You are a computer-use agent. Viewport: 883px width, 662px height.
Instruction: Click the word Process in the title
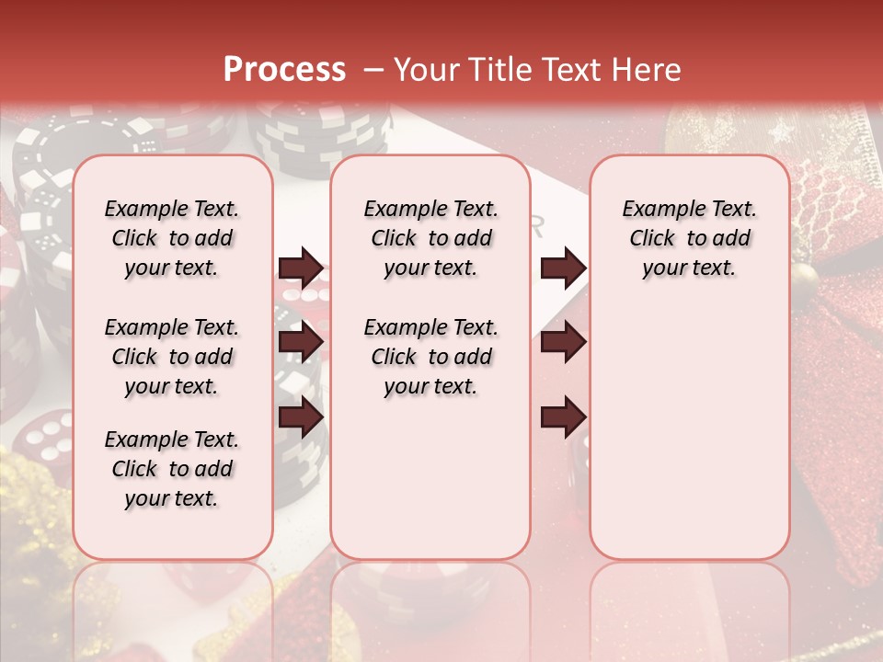(x=284, y=70)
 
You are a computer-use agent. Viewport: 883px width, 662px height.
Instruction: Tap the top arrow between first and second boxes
(x=301, y=268)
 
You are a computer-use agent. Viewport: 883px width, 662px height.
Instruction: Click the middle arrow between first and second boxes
(x=301, y=342)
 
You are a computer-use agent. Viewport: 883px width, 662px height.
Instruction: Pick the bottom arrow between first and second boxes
(x=301, y=417)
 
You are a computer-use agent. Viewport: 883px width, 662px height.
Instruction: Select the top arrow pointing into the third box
(x=563, y=268)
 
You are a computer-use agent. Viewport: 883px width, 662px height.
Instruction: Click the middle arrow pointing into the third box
(x=563, y=342)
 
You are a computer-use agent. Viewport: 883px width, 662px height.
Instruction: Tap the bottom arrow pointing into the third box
(x=563, y=417)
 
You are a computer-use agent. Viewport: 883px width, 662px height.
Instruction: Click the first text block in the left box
(x=172, y=238)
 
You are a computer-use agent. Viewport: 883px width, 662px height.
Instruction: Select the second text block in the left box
(x=172, y=357)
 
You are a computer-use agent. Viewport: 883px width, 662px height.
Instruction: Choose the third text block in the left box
(x=172, y=469)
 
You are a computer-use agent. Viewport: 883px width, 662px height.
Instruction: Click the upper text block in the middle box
(x=430, y=238)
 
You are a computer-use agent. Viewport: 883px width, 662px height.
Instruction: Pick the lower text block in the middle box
(x=430, y=357)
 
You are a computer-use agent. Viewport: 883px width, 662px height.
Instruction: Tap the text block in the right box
(x=689, y=238)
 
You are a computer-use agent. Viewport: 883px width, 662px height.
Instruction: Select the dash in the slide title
(x=373, y=70)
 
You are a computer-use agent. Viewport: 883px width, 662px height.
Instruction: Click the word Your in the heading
(x=428, y=70)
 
